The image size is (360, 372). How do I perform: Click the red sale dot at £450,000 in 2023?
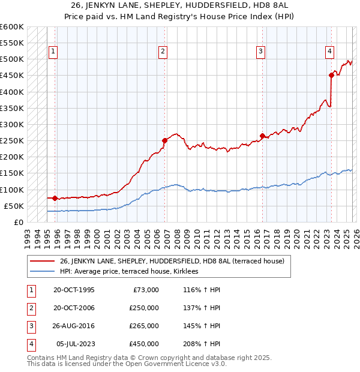pos(331,75)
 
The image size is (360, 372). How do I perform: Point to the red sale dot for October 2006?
pos(164,140)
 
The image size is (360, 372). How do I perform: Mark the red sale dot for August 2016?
pos(262,136)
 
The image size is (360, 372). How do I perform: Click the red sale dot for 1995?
pos(55,198)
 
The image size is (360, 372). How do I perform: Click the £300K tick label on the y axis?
pos(11,124)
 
